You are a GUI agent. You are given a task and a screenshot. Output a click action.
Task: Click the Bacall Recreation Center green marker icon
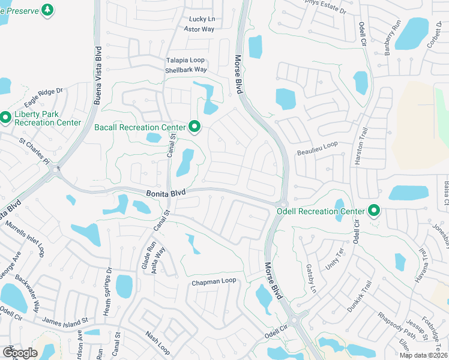[194, 127]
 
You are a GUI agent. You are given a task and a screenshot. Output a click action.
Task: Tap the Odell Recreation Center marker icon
[374, 211]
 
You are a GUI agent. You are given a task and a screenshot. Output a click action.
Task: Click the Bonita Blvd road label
[166, 193]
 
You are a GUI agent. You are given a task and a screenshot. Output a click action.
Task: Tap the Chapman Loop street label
[214, 281]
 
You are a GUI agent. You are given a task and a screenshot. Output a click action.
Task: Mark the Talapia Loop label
[185, 60]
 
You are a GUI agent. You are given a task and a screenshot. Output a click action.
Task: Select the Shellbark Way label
[186, 70]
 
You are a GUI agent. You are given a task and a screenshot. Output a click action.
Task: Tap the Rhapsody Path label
[397, 325]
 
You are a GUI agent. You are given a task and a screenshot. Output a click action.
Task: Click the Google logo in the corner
[20, 353]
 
